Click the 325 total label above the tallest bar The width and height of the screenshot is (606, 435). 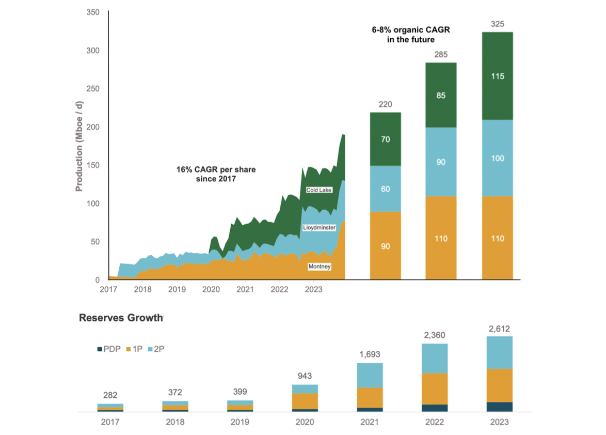point(498,24)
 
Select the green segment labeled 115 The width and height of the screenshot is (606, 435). point(498,76)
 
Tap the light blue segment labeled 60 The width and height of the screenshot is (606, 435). point(386,189)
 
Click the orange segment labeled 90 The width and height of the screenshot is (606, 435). point(386,246)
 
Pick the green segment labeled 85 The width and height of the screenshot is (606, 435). point(441,95)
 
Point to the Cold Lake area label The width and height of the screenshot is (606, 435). point(319,190)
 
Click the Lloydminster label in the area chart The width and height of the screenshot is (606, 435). point(320,227)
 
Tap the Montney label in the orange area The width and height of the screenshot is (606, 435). point(320,267)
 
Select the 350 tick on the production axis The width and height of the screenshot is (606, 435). point(93,12)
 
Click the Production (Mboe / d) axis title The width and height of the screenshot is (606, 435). point(79,146)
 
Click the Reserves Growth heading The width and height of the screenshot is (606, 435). point(121,318)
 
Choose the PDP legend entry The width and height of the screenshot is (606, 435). point(109,349)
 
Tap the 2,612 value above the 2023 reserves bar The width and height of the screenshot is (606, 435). point(500,329)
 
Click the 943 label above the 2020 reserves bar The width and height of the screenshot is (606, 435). point(305,376)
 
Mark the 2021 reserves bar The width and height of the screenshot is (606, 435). point(370,387)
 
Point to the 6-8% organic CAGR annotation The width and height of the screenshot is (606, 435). point(411,35)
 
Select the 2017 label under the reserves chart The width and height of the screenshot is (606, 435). point(110,422)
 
